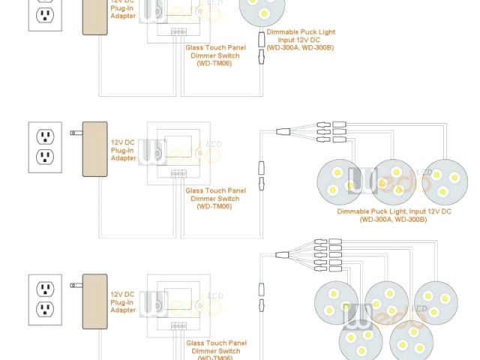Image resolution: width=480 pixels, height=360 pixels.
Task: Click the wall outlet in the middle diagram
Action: pyautogui.click(x=46, y=147)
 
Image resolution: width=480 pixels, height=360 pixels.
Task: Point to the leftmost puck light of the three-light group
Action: pyautogui.click(x=341, y=183)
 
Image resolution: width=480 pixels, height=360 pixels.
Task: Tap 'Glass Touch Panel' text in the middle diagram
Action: pyautogui.click(x=215, y=191)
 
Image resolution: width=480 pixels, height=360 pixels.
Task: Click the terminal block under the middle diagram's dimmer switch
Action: pyautogui.click(x=178, y=173)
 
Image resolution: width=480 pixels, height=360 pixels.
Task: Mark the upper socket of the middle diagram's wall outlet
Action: pyautogui.click(x=46, y=136)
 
